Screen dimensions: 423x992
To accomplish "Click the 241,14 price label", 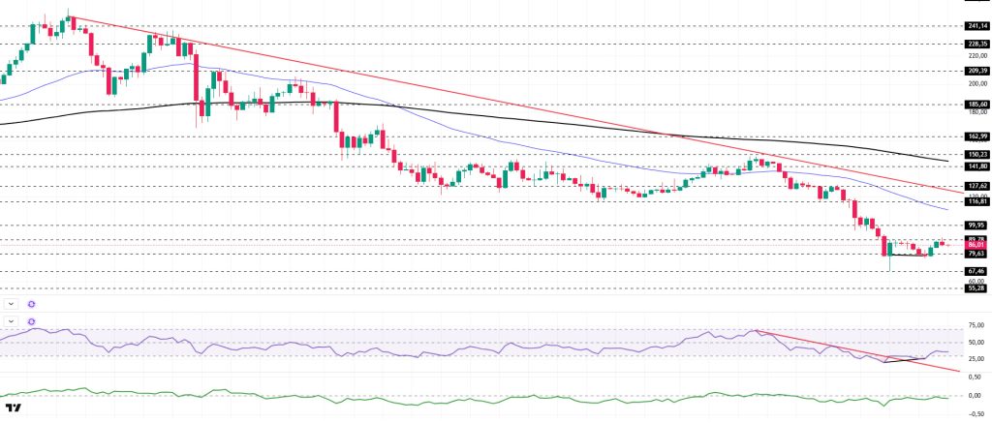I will (976, 26).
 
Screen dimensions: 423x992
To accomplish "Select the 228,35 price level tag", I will (976, 43).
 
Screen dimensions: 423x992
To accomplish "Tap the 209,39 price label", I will (976, 71).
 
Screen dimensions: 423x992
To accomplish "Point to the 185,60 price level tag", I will (976, 104).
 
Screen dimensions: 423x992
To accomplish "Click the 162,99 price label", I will (976, 137).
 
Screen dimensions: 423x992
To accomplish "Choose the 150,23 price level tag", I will (976, 154).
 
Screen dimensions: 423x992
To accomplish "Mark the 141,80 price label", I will (976, 166).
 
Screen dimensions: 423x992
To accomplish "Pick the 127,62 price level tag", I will (976, 185).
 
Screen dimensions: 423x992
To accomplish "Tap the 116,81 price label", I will (976, 200).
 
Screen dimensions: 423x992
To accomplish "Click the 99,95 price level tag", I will (976, 225).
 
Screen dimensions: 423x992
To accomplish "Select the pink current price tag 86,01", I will (976, 246).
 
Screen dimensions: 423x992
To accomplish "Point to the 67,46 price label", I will (976, 271).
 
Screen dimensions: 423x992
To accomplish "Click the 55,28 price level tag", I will (976, 287).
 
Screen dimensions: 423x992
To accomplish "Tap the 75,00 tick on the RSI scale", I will (976, 324).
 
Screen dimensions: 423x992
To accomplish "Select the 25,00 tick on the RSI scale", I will (976, 359).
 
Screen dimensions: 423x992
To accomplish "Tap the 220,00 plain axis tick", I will (976, 55).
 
